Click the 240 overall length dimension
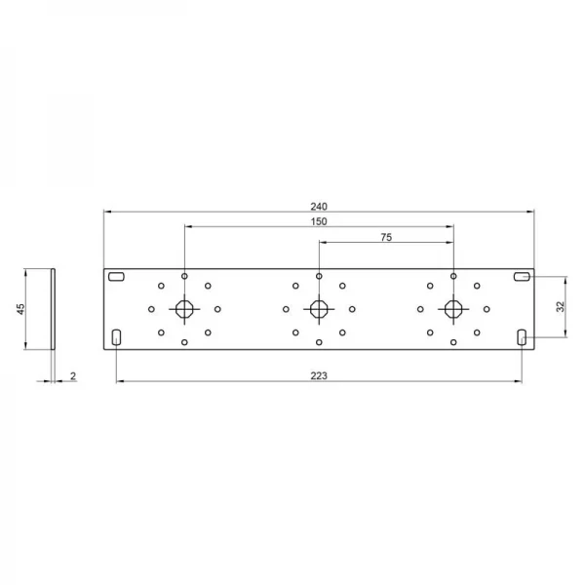click(319, 207)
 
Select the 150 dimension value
click(319, 221)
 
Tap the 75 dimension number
click(386, 237)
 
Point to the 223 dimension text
click(319, 375)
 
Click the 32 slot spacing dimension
click(561, 307)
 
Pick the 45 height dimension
click(20, 309)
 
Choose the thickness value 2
click(73, 376)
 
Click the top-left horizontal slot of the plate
click(116, 277)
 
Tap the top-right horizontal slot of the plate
click(522, 277)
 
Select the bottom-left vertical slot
click(116, 337)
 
